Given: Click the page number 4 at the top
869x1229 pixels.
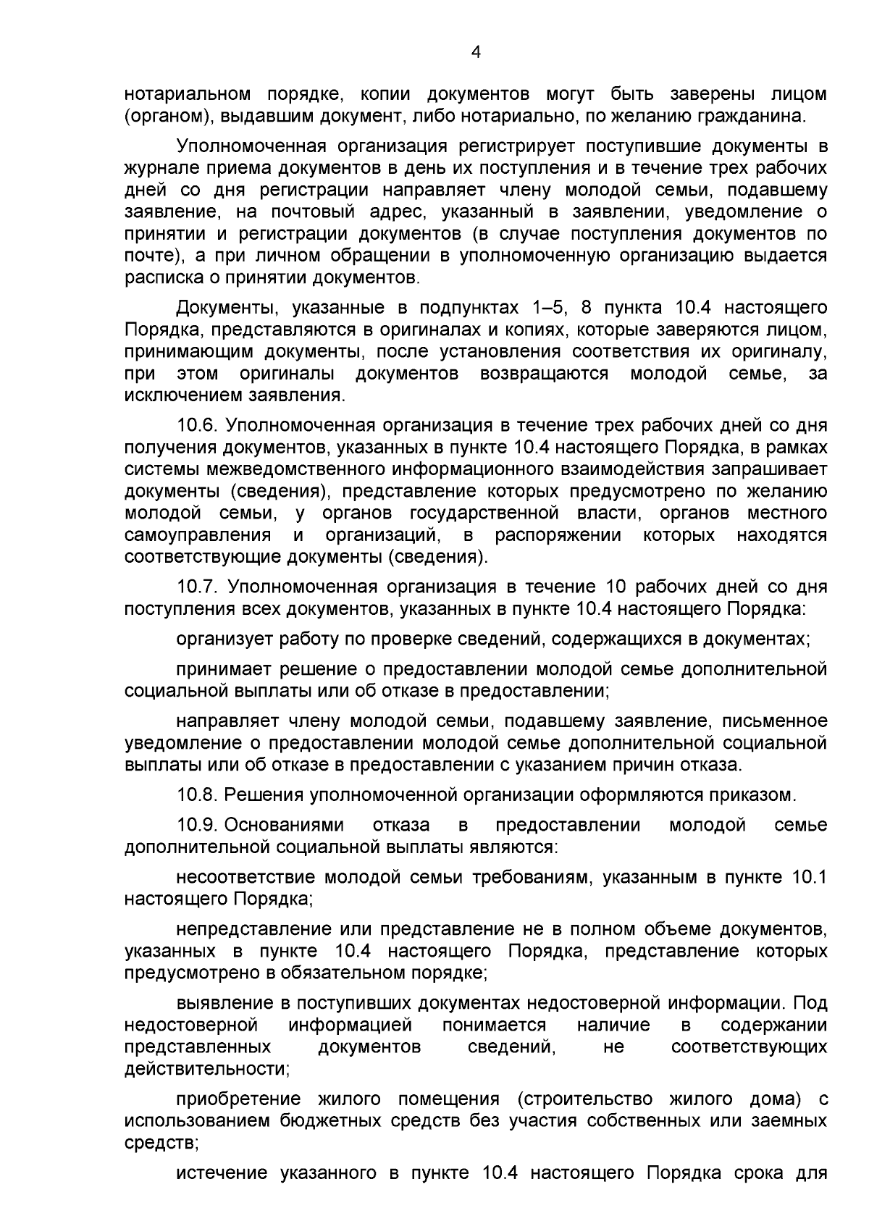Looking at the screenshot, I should point(475,51).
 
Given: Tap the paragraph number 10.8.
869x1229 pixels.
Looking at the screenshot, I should point(198,795).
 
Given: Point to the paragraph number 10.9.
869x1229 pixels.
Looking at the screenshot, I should point(198,825).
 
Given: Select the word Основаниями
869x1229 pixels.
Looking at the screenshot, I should point(285,825).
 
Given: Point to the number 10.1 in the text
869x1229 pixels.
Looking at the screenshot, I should point(809,877).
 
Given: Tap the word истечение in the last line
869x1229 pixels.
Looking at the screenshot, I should point(222,1173).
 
